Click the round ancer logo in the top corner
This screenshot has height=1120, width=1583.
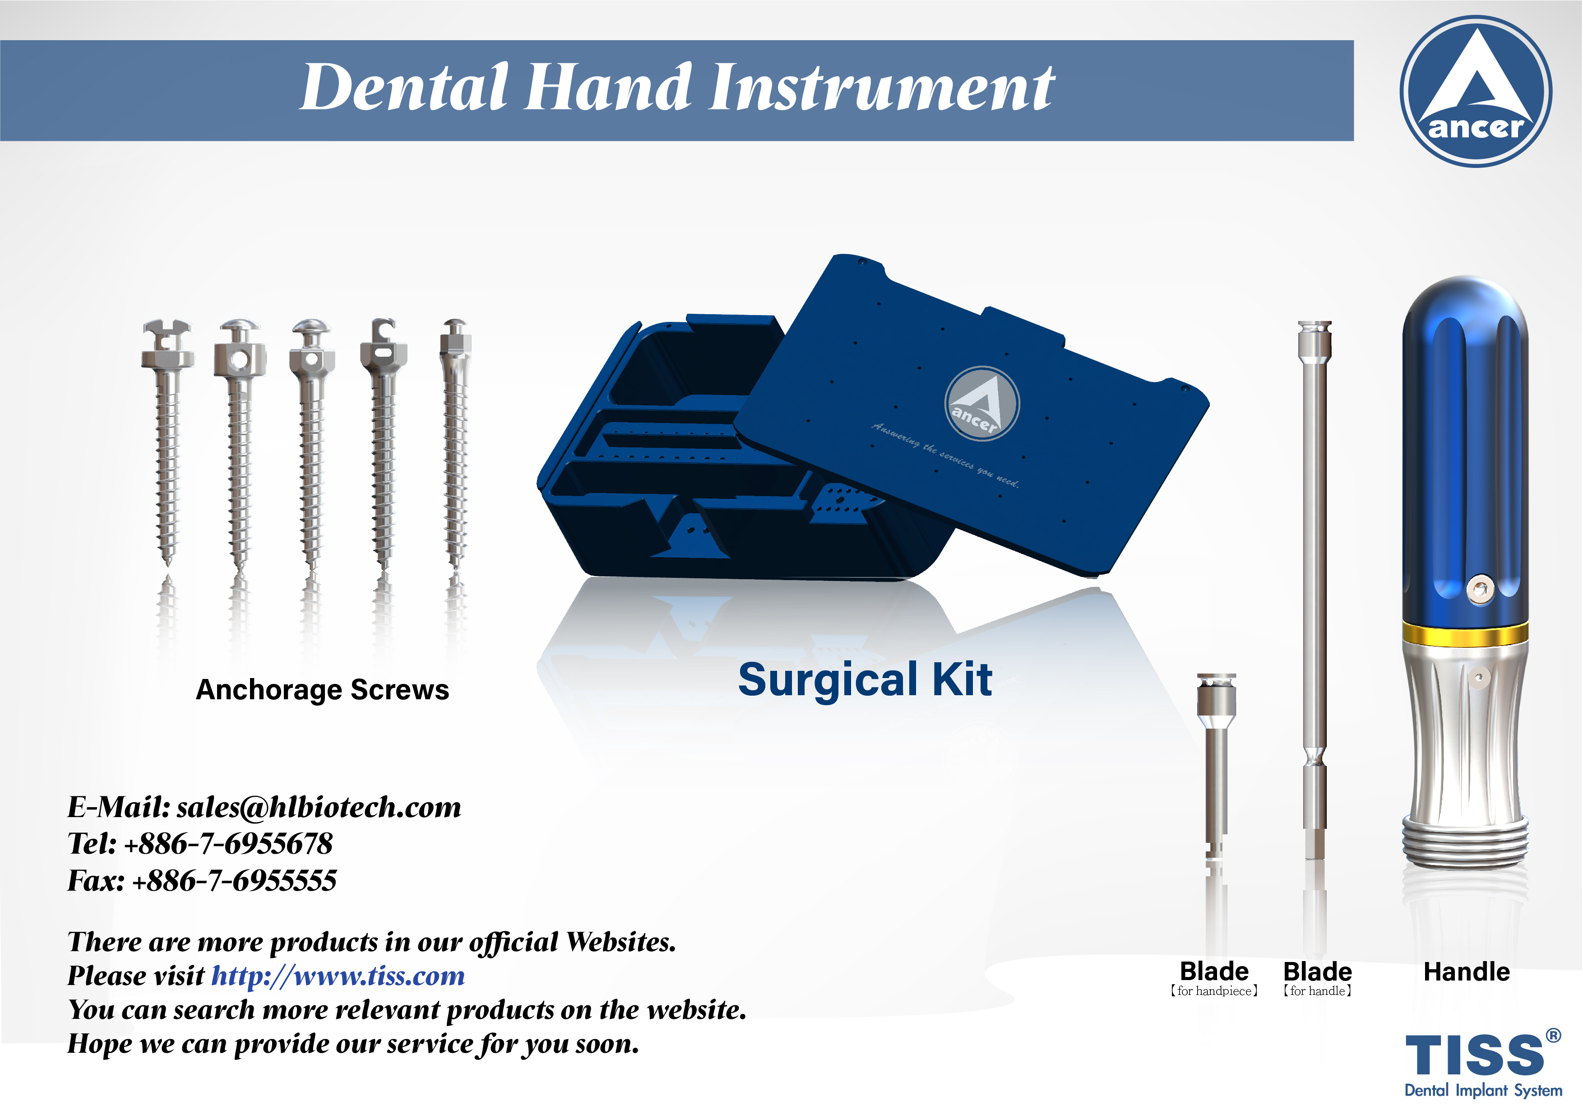tap(1476, 91)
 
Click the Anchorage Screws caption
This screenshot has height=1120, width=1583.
tap(322, 690)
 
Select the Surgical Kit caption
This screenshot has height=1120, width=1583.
tap(865, 679)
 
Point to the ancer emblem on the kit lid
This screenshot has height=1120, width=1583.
tap(982, 404)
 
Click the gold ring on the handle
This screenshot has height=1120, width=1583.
tap(1465, 633)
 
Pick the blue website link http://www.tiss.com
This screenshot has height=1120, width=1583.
tap(338, 976)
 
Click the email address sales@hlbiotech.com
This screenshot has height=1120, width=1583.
tap(319, 807)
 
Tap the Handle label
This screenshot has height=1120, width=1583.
tap(1467, 972)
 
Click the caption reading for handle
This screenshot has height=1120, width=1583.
tap(1317, 991)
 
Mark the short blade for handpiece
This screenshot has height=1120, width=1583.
tap(1216, 766)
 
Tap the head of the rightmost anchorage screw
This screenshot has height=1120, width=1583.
tap(455, 336)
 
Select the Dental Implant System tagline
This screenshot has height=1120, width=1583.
tap(1483, 1090)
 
